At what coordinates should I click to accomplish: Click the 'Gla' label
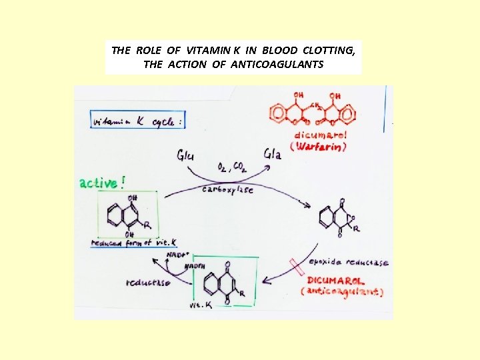point(273,154)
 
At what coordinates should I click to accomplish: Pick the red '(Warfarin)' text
point(317,147)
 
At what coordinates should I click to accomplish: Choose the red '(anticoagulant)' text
point(341,291)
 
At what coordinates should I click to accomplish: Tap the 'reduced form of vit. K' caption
point(127,243)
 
